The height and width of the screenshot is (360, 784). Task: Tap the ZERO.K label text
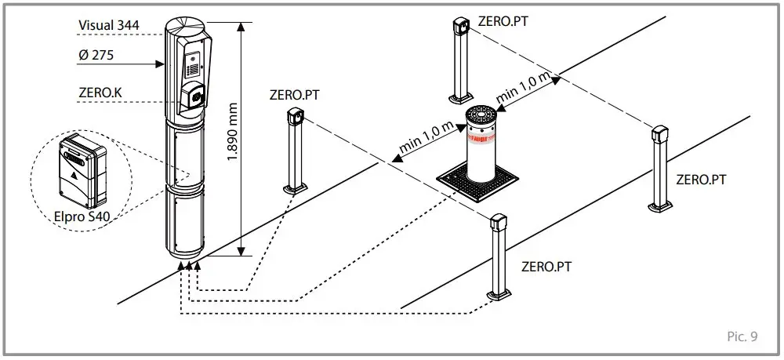tap(100, 92)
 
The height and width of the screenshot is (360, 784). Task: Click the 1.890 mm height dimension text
tap(233, 133)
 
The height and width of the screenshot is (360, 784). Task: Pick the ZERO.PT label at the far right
tap(700, 180)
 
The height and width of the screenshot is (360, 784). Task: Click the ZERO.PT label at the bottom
tap(546, 267)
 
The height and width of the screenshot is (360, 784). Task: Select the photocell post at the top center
tap(458, 60)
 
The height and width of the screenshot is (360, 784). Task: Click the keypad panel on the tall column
tap(193, 67)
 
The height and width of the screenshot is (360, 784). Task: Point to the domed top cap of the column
tap(186, 24)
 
